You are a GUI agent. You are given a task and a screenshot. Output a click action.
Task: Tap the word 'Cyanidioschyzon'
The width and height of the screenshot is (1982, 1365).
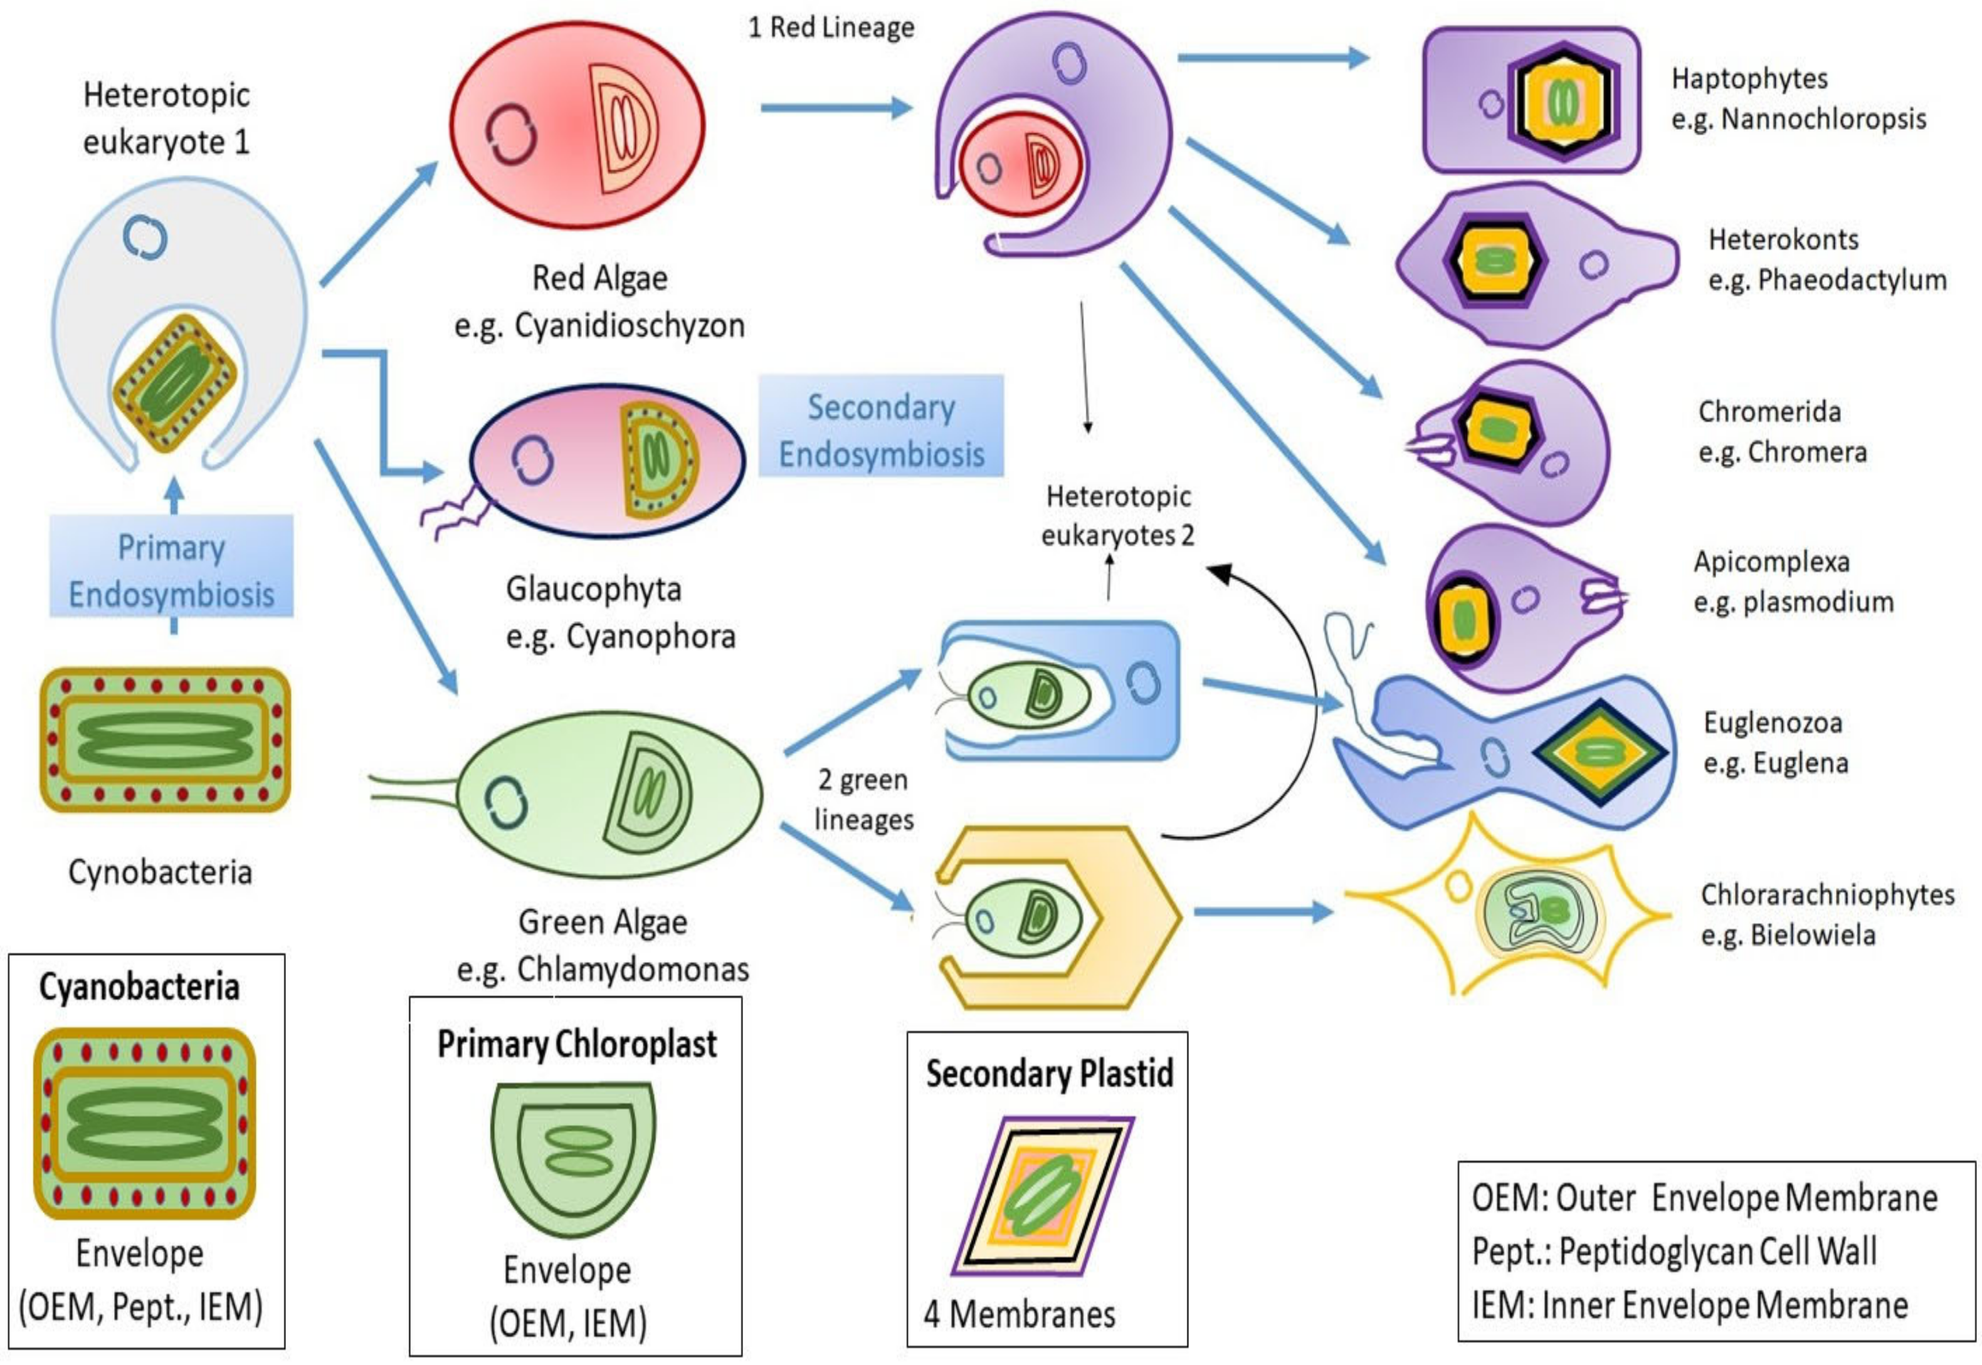tap(630, 326)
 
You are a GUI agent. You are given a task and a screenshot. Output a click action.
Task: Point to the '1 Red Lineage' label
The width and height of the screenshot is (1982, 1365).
tap(831, 28)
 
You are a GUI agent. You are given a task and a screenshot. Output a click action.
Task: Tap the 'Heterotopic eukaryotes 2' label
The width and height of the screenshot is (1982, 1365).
tap(1117, 516)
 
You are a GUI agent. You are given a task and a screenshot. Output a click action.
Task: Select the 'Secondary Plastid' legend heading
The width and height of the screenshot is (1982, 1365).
tap(1049, 1074)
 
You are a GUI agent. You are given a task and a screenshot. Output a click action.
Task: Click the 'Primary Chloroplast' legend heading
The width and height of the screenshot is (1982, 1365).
tap(577, 1044)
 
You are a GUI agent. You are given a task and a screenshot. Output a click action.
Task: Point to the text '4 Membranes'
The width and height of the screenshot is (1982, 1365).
tap(1019, 1314)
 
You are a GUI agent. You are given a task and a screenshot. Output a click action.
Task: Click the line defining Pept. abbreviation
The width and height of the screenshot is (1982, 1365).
tap(1674, 1251)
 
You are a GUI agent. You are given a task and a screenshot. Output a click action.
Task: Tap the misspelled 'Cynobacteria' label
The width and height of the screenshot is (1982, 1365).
tap(160, 872)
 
